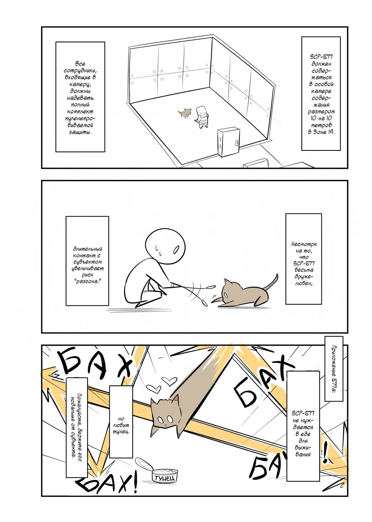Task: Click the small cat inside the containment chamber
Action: (x=185, y=113)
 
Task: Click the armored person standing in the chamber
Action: (x=202, y=117)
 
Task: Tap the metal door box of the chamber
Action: (x=229, y=142)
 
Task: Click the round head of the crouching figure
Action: (x=165, y=246)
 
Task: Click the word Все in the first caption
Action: (x=80, y=64)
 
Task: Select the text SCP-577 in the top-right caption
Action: (x=321, y=57)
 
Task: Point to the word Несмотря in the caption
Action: (x=304, y=244)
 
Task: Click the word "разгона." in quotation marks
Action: (x=87, y=281)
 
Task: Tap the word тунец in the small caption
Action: (x=121, y=432)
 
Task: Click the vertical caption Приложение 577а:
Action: (x=334, y=369)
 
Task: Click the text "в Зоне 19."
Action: (x=321, y=132)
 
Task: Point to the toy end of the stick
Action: (x=211, y=287)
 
